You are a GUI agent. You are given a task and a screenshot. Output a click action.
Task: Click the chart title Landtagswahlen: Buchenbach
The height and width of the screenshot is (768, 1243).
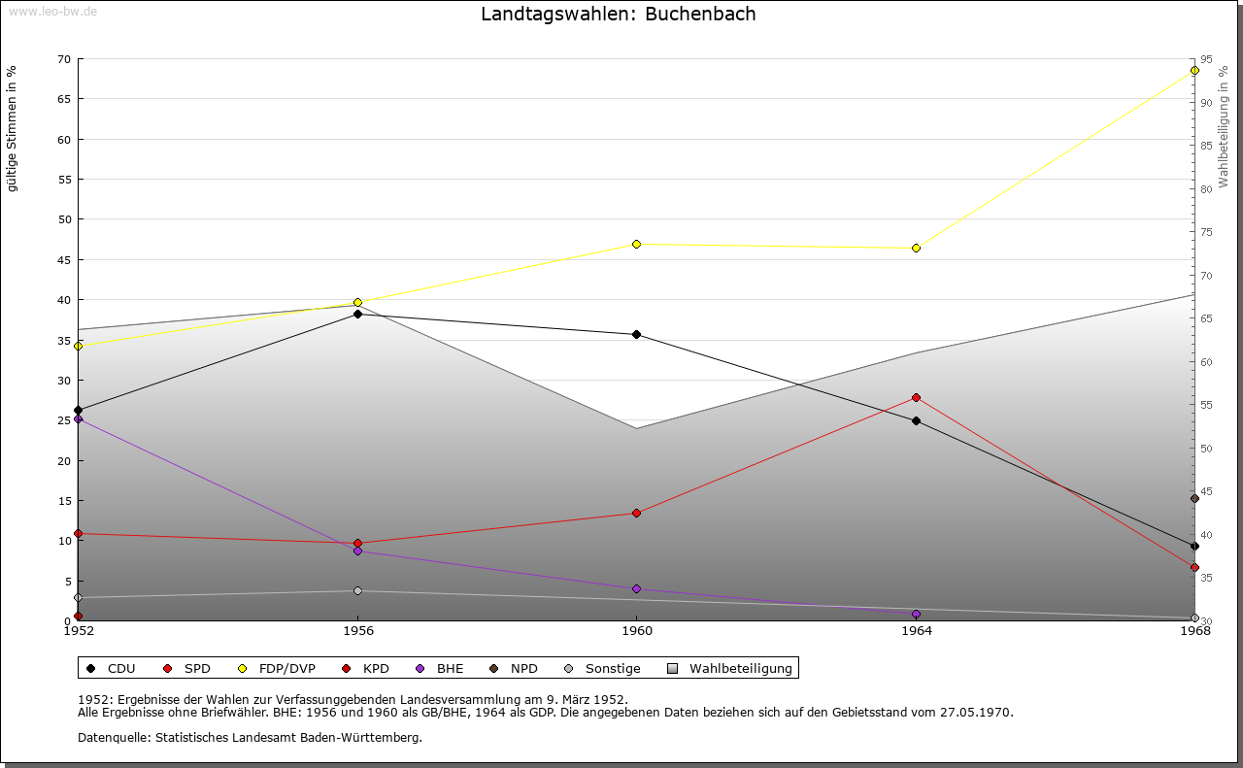(618, 15)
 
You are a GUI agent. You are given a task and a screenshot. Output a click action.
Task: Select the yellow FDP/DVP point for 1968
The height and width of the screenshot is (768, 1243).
(1194, 70)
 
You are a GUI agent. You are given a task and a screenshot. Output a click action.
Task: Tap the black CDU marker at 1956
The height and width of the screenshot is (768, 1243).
(357, 314)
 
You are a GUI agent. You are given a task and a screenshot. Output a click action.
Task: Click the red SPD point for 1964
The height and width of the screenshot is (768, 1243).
(916, 397)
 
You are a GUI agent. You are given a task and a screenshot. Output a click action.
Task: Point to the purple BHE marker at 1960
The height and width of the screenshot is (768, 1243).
(636, 588)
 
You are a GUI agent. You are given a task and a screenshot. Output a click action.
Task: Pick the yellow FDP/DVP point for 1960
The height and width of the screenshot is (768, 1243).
(636, 244)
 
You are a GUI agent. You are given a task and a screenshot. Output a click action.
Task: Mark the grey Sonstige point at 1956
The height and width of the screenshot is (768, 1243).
(357, 590)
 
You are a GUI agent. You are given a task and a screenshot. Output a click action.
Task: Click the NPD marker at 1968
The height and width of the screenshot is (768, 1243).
(1194, 499)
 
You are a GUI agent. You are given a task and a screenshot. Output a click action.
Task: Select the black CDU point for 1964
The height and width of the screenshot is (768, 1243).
(916, 420)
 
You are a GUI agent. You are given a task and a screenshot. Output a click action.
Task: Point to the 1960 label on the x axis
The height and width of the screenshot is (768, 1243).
(636, 630)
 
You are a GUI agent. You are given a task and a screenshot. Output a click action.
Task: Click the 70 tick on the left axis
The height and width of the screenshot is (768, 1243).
(63, 59)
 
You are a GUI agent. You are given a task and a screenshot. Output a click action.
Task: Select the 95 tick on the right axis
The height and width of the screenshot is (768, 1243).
(1206, 59)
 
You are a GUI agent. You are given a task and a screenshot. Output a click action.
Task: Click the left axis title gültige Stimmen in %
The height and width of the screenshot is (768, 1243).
(13, 128)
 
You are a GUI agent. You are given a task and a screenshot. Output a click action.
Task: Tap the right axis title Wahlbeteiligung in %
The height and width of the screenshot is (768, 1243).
(1224, 125)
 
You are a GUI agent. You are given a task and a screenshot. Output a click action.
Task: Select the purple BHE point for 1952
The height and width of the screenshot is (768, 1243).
(78, 418)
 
